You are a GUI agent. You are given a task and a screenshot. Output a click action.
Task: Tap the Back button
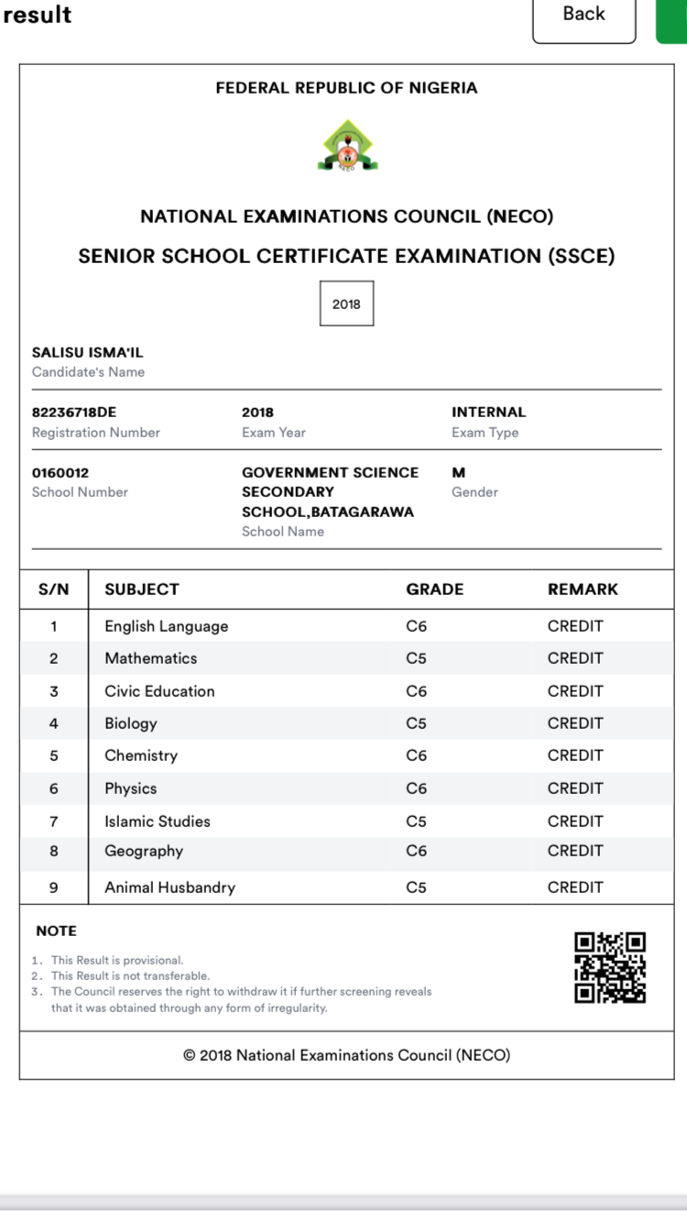pos(583,16)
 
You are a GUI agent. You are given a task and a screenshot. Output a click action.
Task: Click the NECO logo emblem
pos(347,146)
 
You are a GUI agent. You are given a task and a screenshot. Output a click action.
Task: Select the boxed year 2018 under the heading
pos(346,303)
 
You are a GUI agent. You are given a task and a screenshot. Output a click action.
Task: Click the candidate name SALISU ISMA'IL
pos(88,353)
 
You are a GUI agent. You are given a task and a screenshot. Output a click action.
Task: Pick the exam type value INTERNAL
pos(488,413)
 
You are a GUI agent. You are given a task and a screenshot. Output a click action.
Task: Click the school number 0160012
pos(60,473)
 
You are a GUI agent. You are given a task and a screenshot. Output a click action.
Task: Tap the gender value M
pos(459,473)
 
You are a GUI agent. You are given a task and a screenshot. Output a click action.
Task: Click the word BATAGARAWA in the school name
pos(362,512)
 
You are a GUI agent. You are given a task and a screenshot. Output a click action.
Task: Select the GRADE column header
pos(434,589)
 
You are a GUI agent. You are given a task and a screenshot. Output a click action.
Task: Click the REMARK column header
pos(583,589)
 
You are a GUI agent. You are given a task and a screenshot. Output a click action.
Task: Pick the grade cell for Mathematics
pos(416,658)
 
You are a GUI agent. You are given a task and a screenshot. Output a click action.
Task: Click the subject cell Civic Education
pos(159,691)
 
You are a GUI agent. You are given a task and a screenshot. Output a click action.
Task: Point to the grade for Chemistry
pos(416,755)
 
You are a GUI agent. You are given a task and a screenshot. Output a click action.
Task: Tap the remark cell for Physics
pos(575,788)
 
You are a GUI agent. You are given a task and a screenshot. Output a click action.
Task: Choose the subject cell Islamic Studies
pos(158,821)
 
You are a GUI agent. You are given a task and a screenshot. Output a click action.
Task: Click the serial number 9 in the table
pos(54,887)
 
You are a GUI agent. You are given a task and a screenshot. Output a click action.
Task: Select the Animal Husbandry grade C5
pos(416,887)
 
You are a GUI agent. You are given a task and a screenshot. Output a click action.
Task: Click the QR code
pos(610,967)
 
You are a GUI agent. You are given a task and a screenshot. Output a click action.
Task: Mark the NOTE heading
pos(56,931)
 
